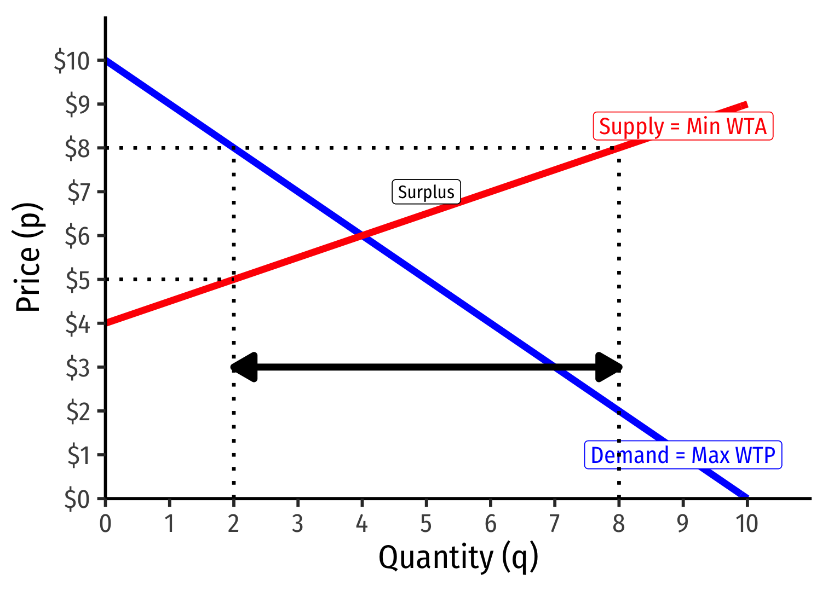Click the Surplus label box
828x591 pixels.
(426, 192)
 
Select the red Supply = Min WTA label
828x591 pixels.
(683, 126)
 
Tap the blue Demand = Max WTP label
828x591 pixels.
(683, 455)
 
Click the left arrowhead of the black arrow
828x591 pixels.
(244, 367)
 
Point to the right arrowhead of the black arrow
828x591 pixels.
(609, 367)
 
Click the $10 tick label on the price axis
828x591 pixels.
(72, 61)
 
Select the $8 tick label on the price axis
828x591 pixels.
(77, 148)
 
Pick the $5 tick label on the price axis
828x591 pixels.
(77, 280)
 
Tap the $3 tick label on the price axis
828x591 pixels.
(77, 368)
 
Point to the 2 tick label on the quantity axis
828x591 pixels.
(234, 524)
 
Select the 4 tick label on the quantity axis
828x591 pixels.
(362, 524)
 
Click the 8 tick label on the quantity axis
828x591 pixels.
(619, 524)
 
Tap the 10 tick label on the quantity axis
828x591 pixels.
(747, 524)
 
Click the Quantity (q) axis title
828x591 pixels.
(458, 558)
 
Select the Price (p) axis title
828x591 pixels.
(28, 257)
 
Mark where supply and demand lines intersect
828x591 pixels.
(362, 236)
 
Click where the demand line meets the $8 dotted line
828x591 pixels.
(234, 148)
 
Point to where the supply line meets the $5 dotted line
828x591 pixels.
(234, 280)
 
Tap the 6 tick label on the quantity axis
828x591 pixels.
(491, 524)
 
